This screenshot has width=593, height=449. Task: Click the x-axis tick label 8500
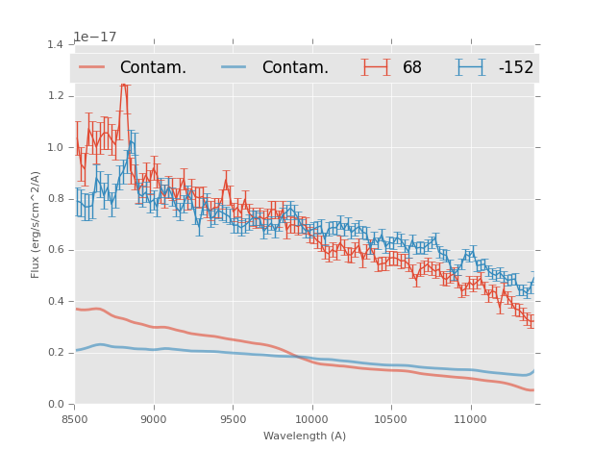click(x=74, y=419)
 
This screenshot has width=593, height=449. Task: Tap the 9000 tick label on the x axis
click(x=154, y=419)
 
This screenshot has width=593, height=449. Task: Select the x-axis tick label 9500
click(x=233, y=419)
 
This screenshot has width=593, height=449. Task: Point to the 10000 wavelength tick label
click(x=311, y=419)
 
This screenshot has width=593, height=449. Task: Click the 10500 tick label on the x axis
click(x=390, y=419)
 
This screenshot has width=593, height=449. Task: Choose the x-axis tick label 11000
click(x=470, y=419)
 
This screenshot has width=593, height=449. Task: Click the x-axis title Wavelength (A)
click(x=305, y=436)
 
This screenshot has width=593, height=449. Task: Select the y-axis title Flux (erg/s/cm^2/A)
click(x=36, y=224)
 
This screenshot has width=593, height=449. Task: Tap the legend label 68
click(x=412, y=68)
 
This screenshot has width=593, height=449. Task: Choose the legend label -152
click(x=515, y=68)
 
